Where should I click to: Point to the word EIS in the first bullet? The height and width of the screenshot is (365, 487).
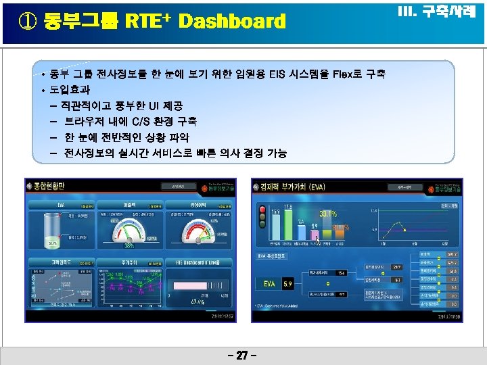(x=258, y=74)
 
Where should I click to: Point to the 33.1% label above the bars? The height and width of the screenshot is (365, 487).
(x=329, y=214)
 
